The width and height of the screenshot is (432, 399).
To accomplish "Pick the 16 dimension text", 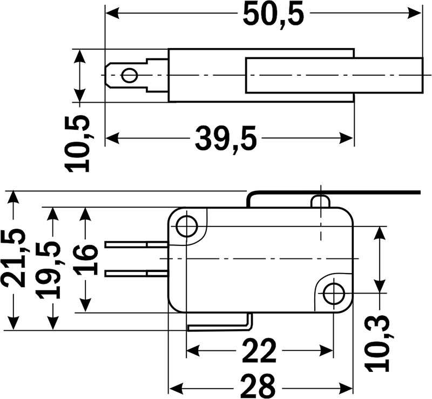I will [86, 260].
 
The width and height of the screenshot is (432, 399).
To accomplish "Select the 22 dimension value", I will [259, 351].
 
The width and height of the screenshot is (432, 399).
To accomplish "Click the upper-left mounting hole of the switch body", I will [187, 226].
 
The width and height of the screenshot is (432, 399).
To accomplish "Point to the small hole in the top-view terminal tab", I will [129, 75].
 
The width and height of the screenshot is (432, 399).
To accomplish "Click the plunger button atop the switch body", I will [320, 201].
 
